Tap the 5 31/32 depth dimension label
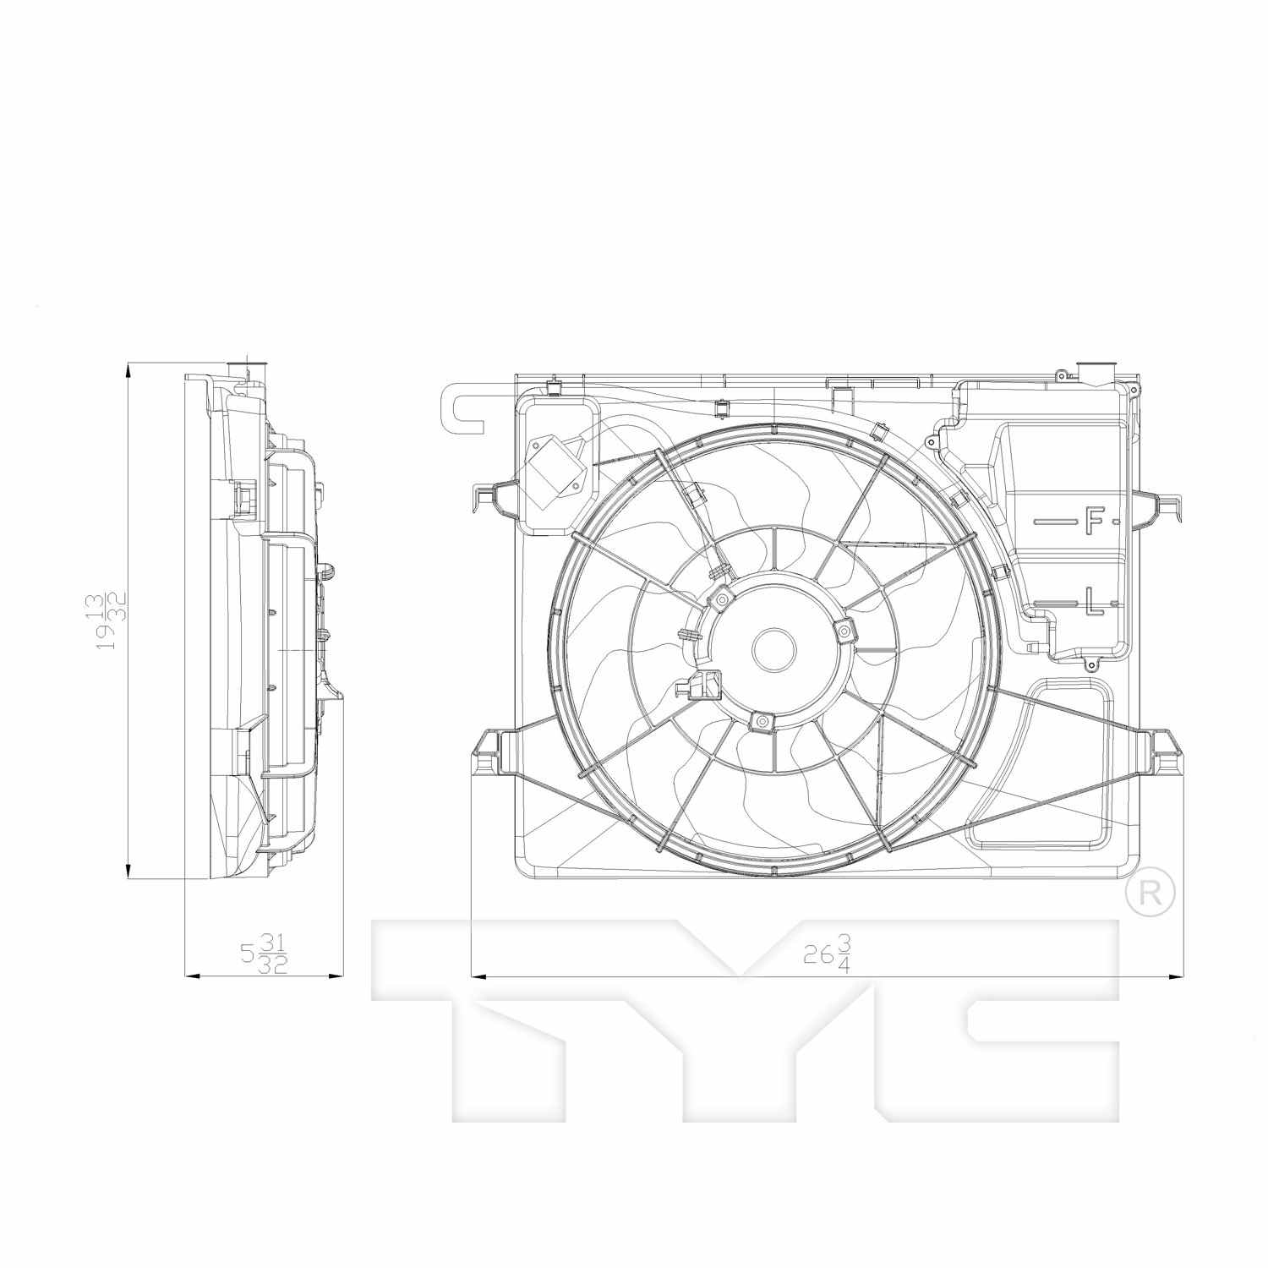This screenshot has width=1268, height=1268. [x=265, y=953]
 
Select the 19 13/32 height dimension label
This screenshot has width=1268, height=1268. [x=111, y=620]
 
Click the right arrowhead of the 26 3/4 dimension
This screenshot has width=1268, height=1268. [x=1174, y=976]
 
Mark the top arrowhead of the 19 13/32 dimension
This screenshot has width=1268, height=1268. [x=128, y=369]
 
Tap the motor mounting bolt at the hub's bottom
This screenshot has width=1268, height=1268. [x=762, y=720]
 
